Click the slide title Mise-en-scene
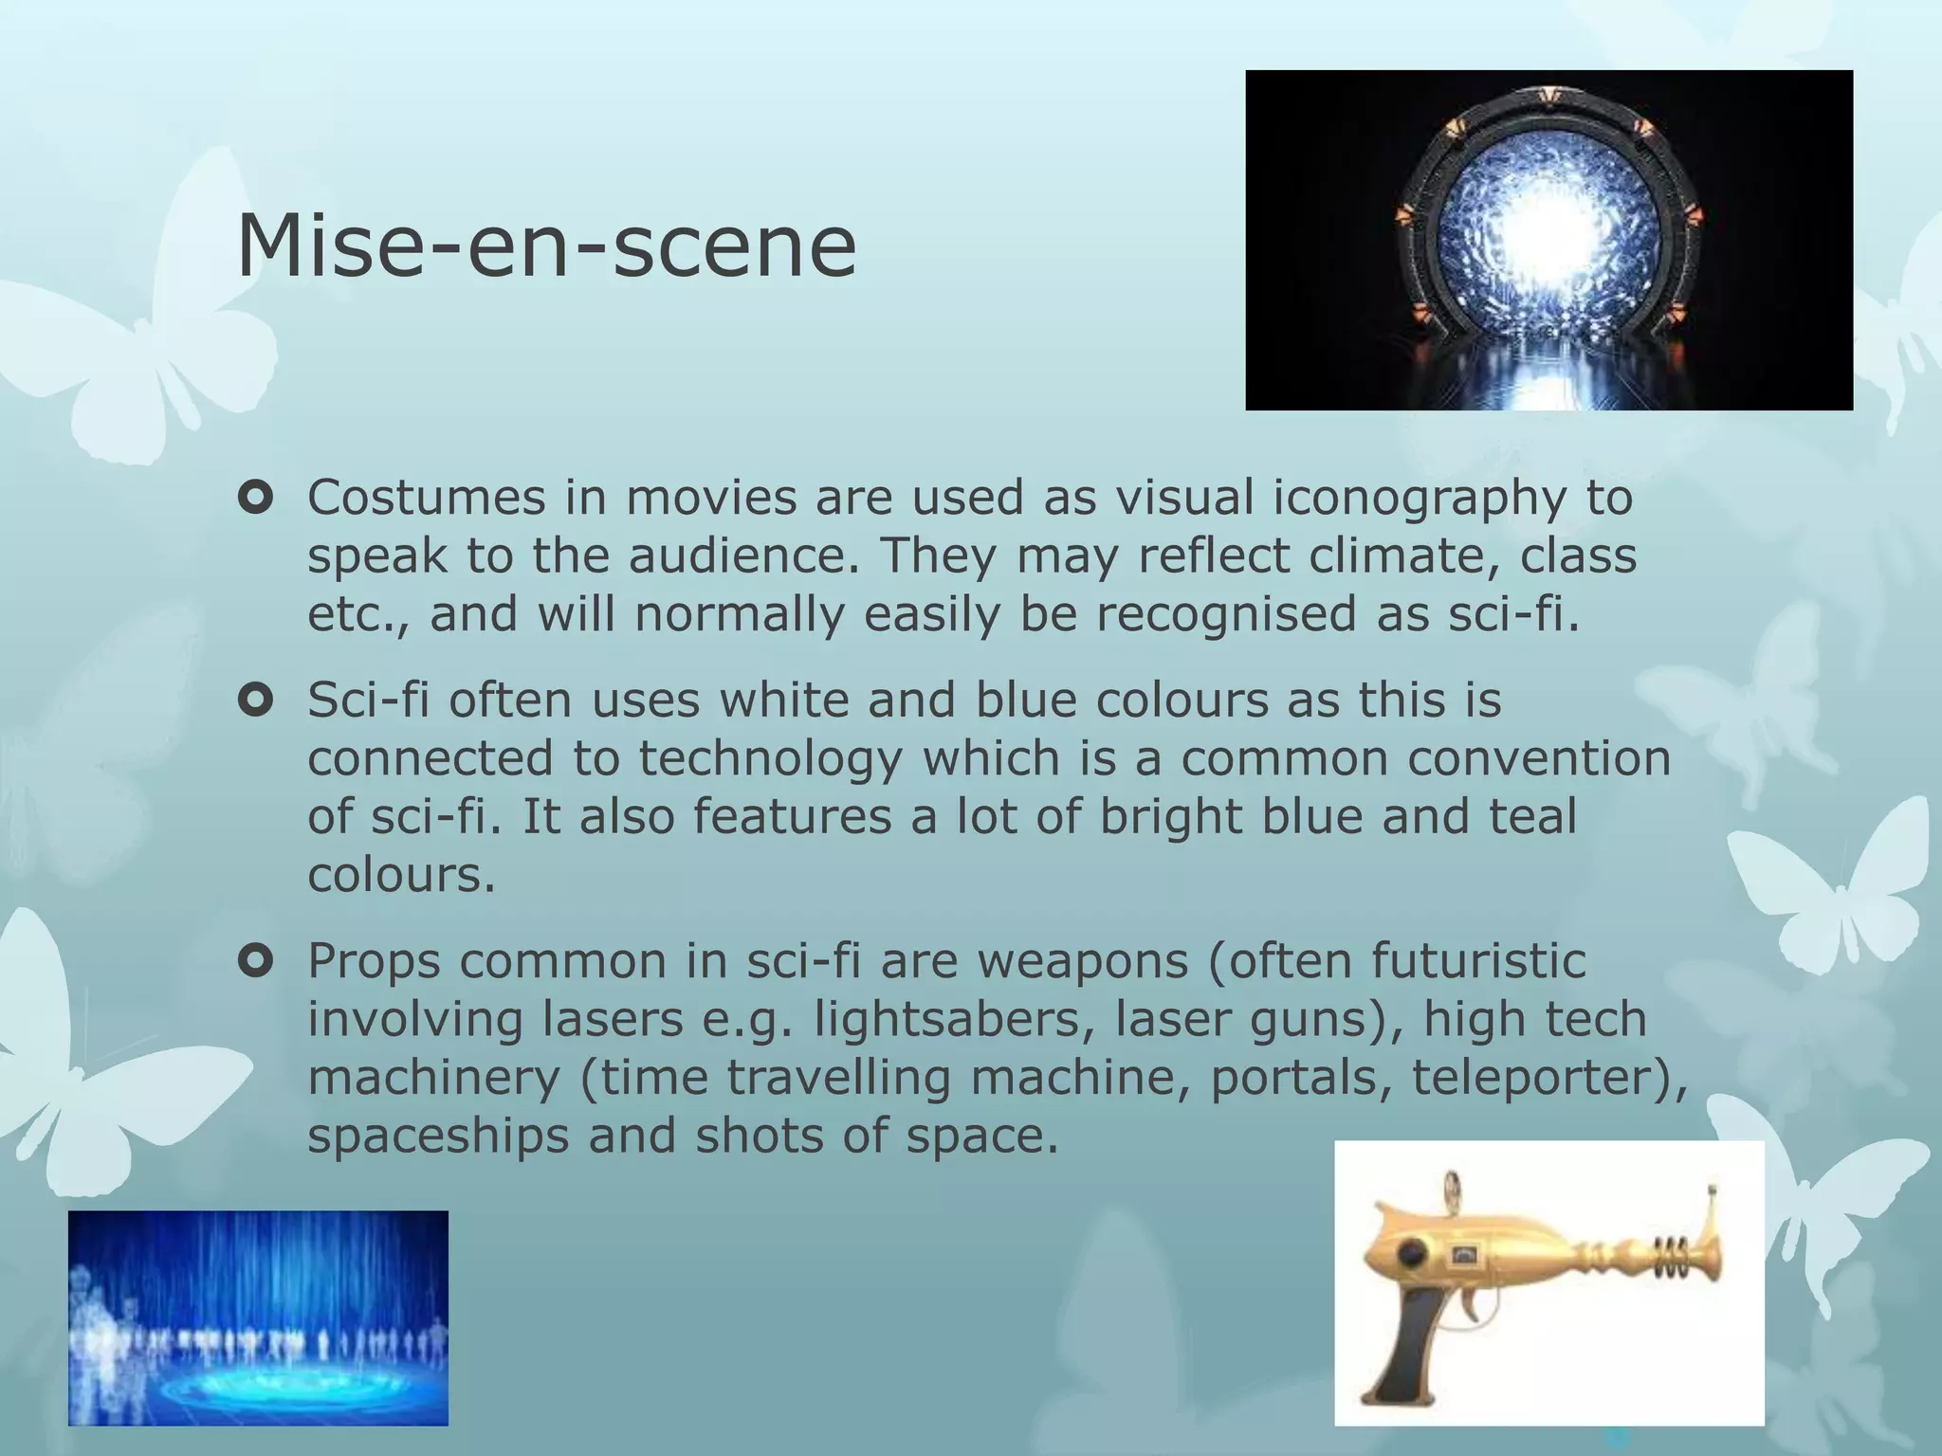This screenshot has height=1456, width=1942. tap(545, 246)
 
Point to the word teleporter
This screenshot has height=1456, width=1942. tap(1540, 1078)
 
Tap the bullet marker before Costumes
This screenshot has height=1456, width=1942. tap(256, 498)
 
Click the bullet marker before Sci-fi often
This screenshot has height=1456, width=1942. tap(256, 701)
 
